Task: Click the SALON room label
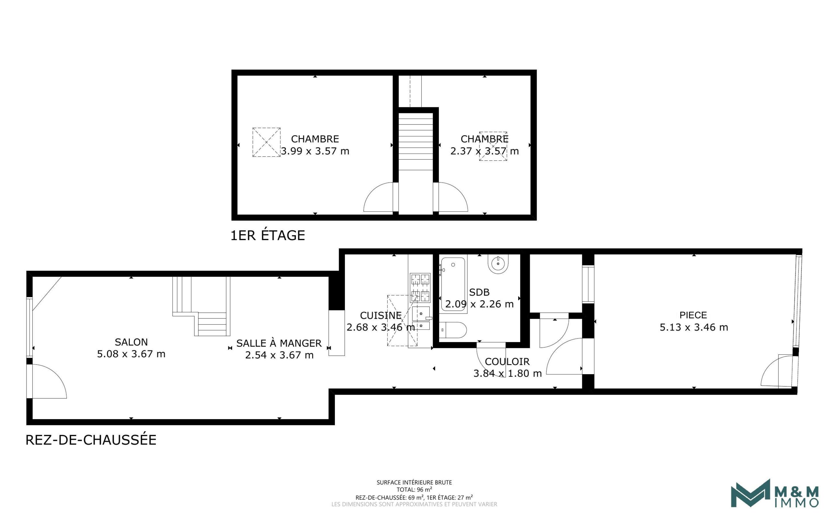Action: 131,342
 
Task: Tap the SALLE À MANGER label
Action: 279,343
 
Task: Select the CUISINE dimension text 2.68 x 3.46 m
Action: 380,327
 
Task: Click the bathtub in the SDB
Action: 453,284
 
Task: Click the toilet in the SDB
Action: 453,330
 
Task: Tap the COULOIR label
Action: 507,362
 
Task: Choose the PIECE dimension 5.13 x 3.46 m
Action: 693,327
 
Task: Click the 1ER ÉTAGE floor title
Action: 267,236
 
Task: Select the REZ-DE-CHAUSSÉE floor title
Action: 91,440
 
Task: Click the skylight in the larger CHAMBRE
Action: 266,142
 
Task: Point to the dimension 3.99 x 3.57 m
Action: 315,151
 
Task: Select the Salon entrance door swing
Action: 48,381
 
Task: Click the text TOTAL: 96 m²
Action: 414,489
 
